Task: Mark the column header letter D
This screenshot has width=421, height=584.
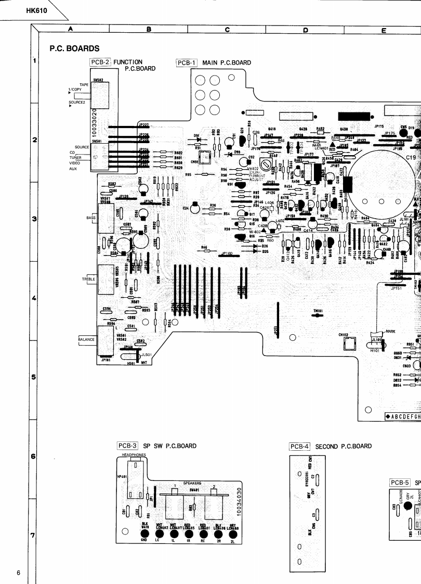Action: click(x=305, y=30)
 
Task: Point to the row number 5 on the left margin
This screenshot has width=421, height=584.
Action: click(x=34, y=377)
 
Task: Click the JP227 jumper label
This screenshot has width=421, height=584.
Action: click(x=143, y=125)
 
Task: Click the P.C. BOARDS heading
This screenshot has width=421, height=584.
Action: click(x=75, y=48)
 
